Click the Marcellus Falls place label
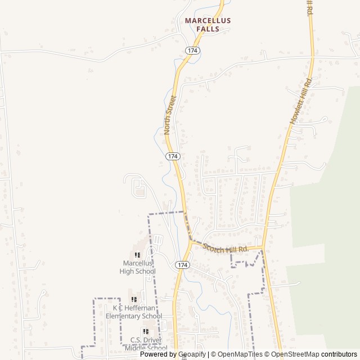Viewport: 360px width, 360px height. (208, 24)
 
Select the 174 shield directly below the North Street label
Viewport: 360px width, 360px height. (173, 156)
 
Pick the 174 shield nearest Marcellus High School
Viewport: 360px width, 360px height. (181, 264)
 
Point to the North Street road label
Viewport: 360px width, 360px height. (170, 115)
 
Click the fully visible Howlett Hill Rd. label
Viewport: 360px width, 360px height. (300, 102)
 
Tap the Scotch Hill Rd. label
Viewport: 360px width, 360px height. (226, 247)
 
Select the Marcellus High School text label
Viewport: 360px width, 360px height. (137, 267)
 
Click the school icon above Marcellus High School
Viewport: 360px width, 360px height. (137, 255)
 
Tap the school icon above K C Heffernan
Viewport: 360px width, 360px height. (134, 299)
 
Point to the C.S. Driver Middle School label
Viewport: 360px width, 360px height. (146, 344)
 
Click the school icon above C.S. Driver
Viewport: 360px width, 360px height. (146, 331)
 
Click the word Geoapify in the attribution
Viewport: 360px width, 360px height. (192, 354)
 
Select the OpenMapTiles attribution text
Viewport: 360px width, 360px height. (240, 354)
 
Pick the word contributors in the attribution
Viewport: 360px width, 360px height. (340, 354)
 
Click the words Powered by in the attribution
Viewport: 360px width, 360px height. (159, 354)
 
